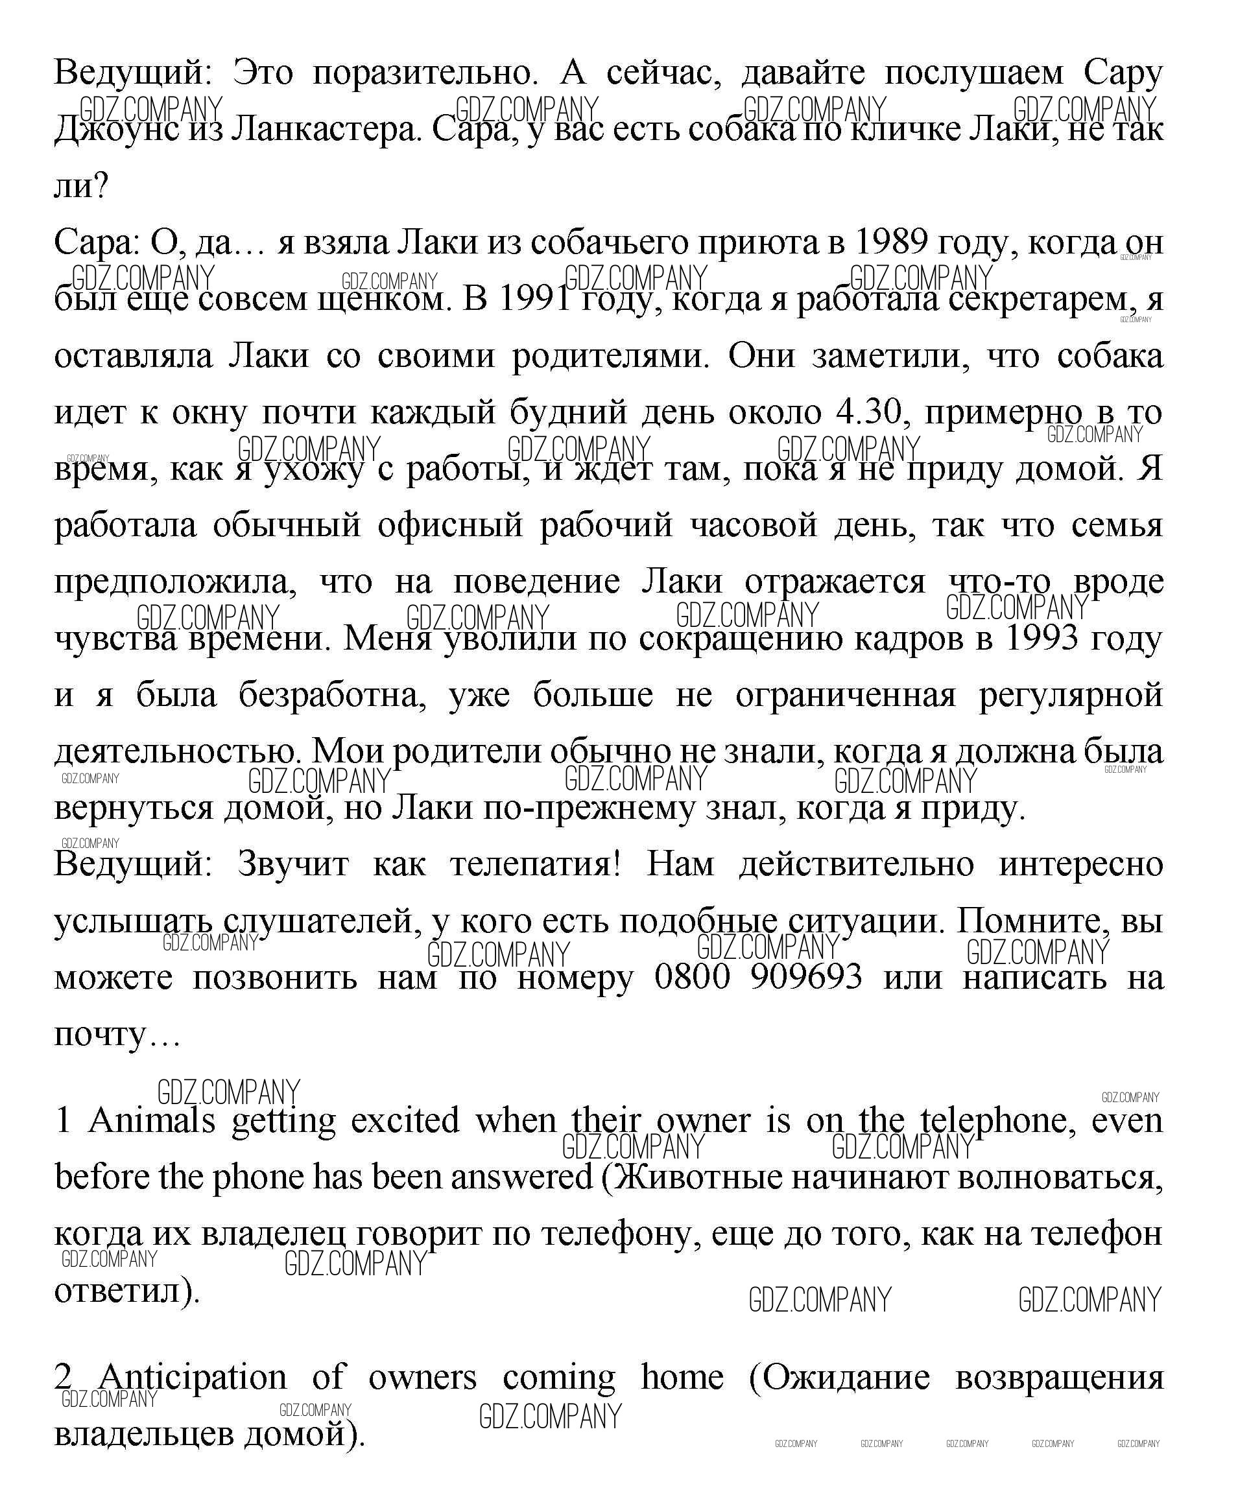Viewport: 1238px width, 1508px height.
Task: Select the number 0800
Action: [x=692, y=977]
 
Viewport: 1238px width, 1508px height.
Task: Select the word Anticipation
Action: [x=193, y=1377]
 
